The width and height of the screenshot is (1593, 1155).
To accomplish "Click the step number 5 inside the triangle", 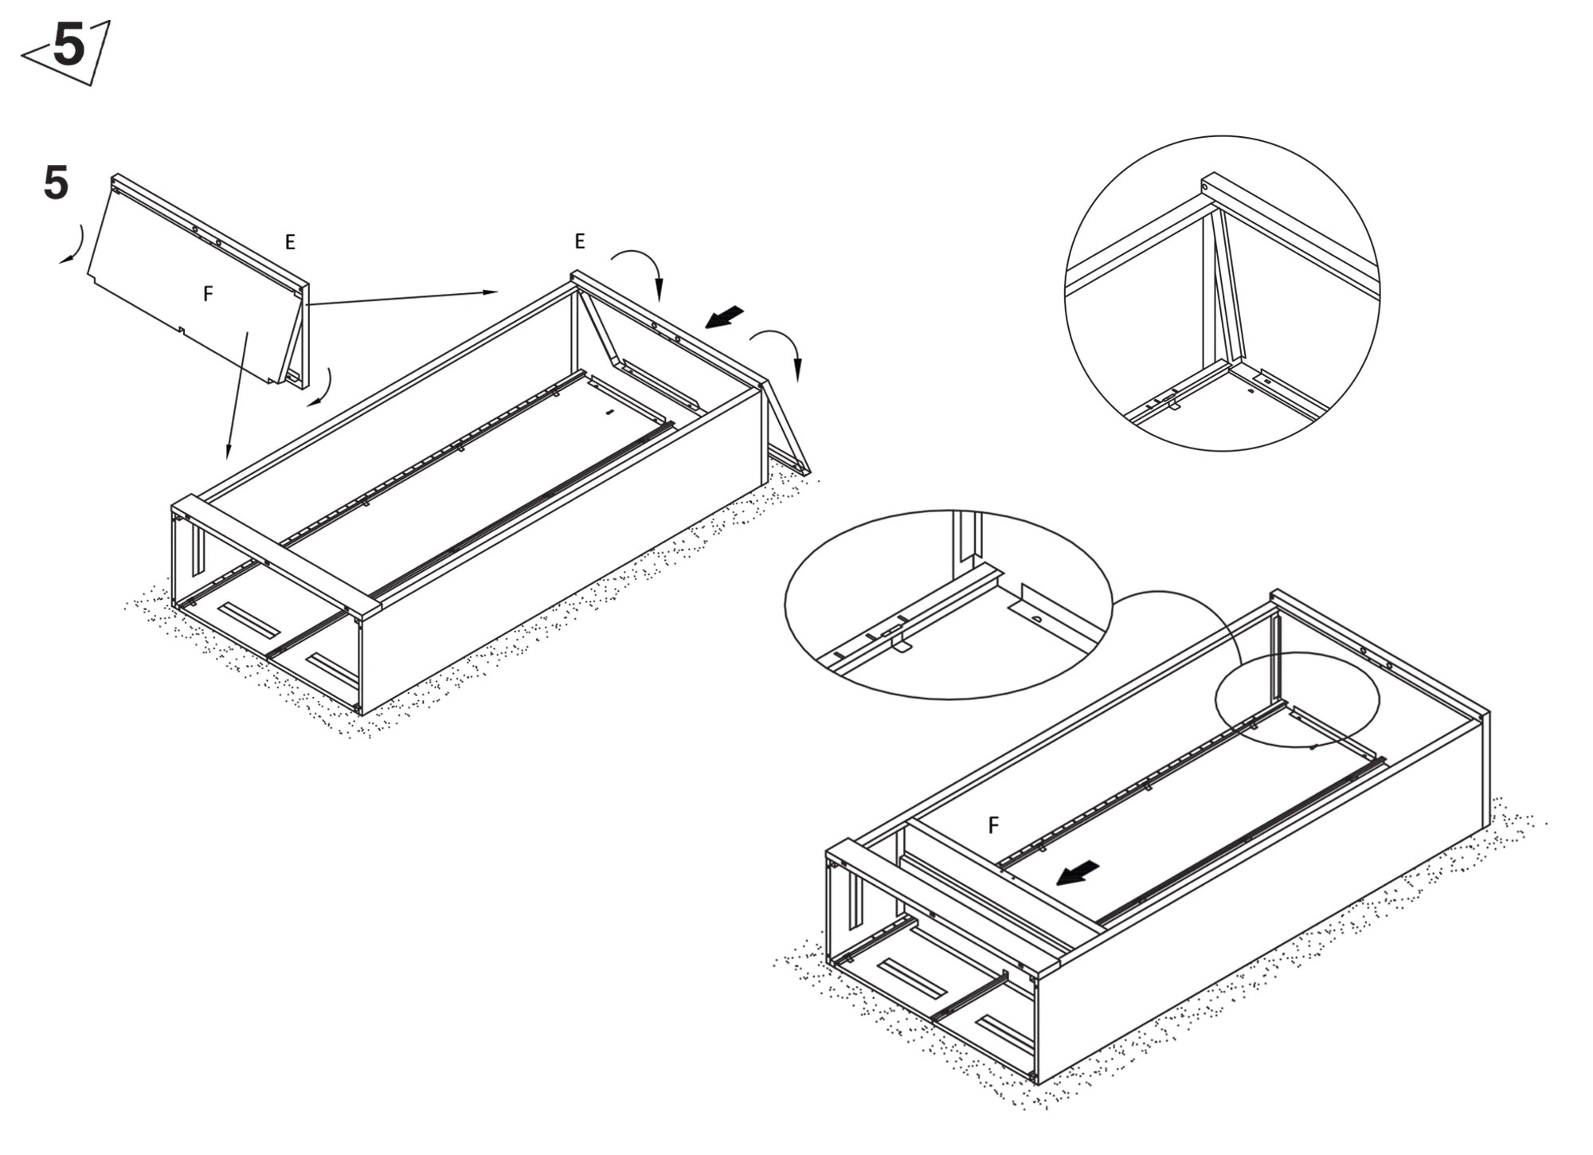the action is coord(69,45).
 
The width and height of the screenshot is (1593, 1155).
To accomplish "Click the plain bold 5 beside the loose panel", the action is coord(56,183).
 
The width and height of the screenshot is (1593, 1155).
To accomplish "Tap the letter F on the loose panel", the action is coord(208,294).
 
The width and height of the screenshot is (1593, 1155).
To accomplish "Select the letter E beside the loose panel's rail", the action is coord(290,242).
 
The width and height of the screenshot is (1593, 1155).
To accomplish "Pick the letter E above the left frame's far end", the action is coord(580,241).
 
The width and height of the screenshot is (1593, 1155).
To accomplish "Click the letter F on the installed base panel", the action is coord(993,825).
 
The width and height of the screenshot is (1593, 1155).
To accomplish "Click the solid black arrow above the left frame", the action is coord(725,317).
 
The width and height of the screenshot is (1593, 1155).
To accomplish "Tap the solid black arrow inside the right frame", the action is coord(1078,873).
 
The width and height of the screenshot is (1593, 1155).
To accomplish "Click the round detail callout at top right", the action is coord(1223,293).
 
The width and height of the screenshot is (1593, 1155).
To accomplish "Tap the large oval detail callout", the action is coord(949,605).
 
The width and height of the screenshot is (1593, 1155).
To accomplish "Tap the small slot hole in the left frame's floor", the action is coord(610,413).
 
